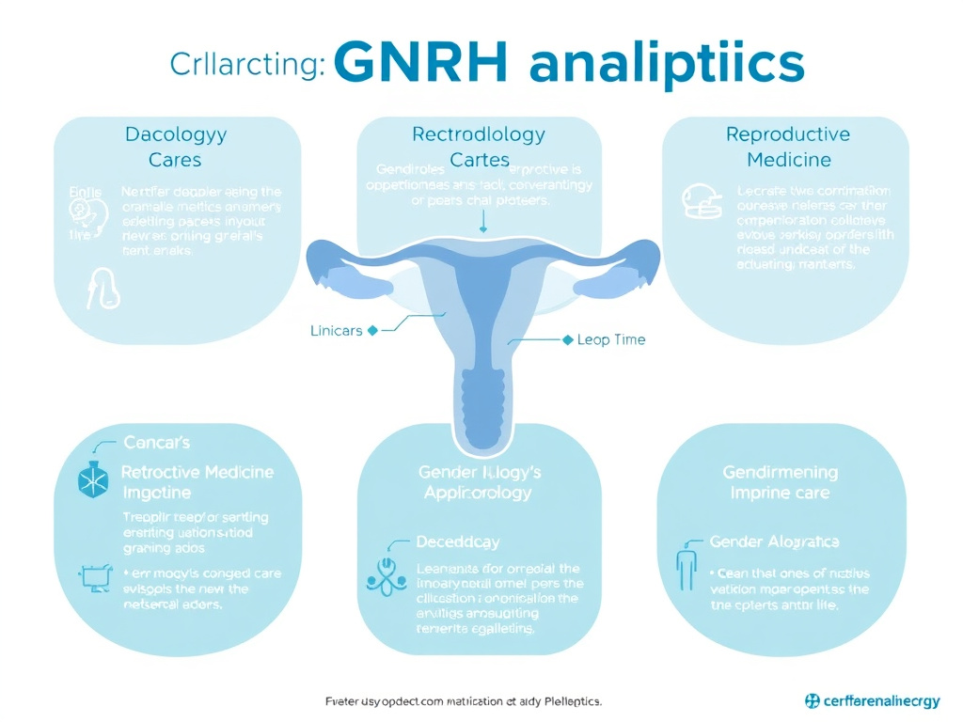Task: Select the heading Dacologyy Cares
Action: [176, 147]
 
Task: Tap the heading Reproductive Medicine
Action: [788, 147]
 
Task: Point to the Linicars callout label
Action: [336, 331]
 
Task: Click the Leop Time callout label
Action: [612, 339]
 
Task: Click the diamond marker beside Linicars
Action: [372, 331]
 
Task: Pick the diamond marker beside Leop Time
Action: [567, 339]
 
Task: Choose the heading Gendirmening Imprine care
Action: [780, 482]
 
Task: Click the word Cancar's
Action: [157, 442]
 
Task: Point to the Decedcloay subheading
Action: [458, 542]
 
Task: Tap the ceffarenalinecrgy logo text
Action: [876, 701]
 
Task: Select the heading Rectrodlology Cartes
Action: [480, 147]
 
